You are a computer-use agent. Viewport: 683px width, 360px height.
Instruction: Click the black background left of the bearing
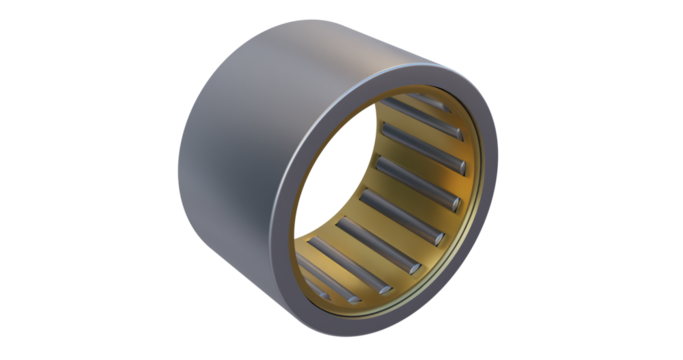coord(80,180)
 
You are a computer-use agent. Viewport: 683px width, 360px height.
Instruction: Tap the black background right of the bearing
coord(600,180)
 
